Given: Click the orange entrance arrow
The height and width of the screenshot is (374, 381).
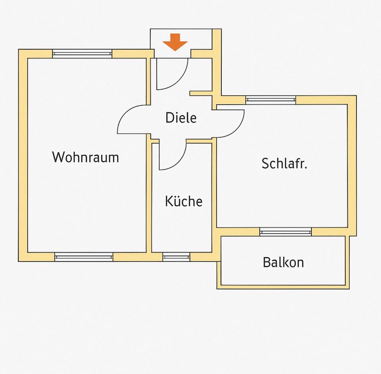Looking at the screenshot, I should [x=175, y=42].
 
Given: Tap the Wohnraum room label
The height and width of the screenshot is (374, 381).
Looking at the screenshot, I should [x=85, y=157].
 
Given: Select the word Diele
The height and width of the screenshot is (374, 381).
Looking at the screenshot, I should [x=181, y=118].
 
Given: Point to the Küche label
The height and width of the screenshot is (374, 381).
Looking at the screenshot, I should [x=183, y=201].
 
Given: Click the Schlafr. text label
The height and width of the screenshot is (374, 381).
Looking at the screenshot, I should [x=284, y=163].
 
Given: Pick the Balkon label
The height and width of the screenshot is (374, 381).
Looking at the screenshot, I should [x=283, y=262].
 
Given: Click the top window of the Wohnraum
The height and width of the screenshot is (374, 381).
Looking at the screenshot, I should [x=82, y=54].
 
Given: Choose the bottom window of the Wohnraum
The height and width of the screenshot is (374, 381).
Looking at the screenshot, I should [x=84, y=257].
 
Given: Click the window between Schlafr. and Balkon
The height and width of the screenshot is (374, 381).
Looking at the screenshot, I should [x=285, y=232].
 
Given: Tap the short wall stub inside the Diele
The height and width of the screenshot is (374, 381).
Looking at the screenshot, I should [x=202, y=94].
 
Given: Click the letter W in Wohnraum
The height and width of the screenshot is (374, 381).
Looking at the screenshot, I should [x=58, y=157].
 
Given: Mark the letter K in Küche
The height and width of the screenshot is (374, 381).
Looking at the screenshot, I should [x=169, y=201].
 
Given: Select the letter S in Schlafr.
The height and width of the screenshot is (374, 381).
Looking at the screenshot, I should [x=265, y=163].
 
